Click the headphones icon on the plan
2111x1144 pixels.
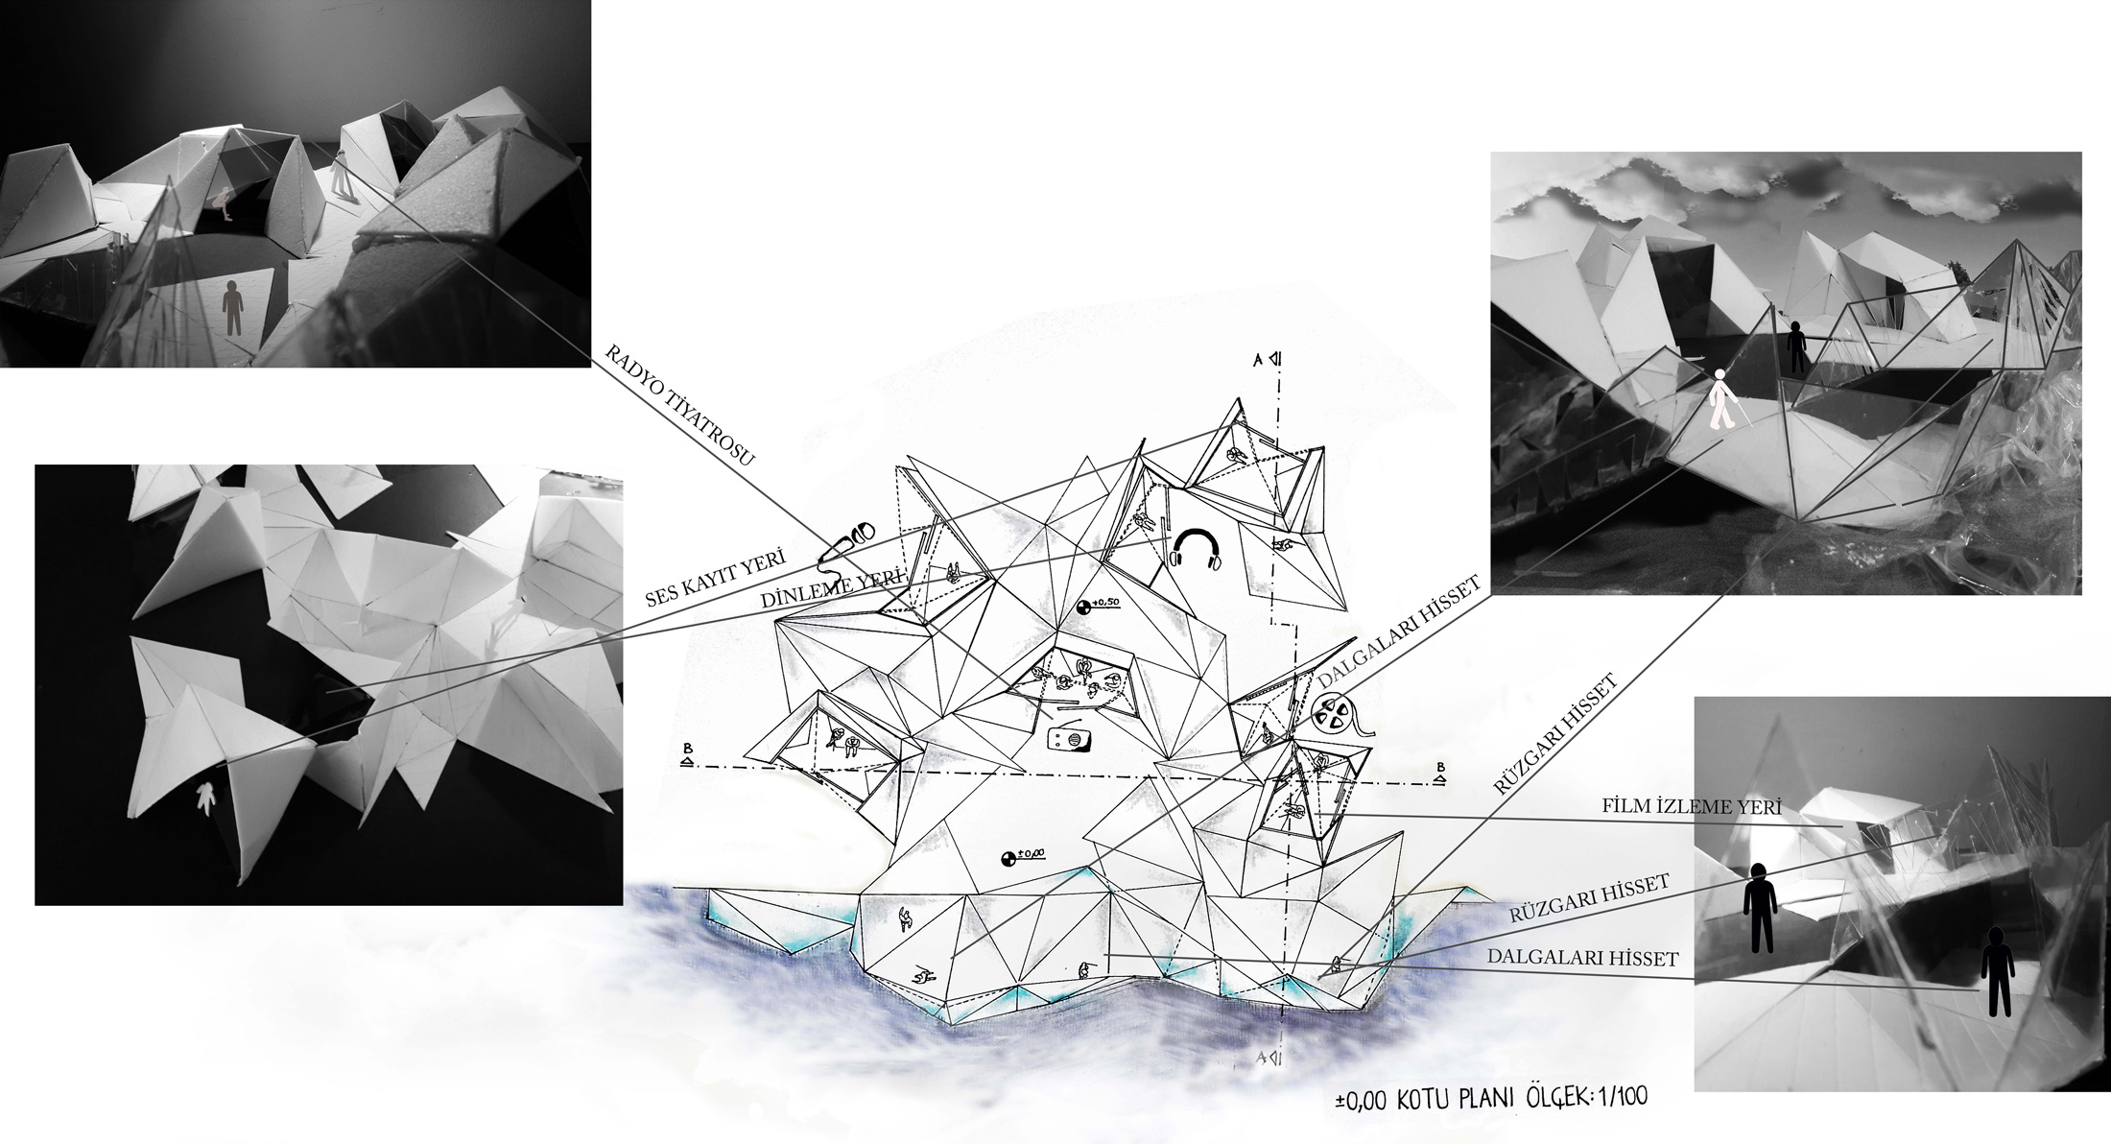[1195, 551]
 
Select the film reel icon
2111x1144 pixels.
[1338, 716]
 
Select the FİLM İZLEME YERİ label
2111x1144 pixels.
[1692, 807]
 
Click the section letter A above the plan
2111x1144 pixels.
[1256, 359]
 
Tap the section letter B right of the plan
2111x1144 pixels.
[1440, 766]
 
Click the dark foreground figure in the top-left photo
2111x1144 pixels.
[233, 307]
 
